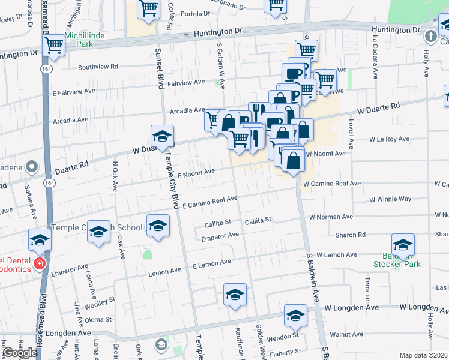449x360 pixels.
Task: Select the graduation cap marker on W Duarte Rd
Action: [162, 137]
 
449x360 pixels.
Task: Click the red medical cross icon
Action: [40, 263]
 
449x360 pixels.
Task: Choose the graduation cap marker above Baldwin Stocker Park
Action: [403, 245]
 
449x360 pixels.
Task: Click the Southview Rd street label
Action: [98, 67]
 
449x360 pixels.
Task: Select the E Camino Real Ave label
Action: [210, 202]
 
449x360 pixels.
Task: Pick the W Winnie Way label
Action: [390, 199]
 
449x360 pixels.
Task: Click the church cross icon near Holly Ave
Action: [430, 37]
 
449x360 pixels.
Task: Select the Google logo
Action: [20, 353]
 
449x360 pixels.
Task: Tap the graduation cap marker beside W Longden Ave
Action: [295, 315]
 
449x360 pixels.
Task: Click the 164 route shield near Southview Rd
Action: [47, 70]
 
